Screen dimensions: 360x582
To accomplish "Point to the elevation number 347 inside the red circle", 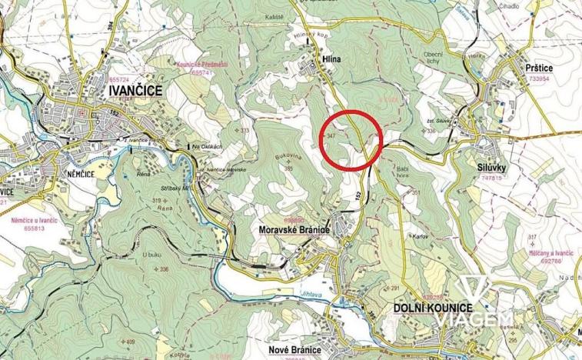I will coord(332,135).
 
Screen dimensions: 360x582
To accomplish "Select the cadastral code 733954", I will coord(535,78).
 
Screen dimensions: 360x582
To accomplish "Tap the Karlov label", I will coord(419,235).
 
